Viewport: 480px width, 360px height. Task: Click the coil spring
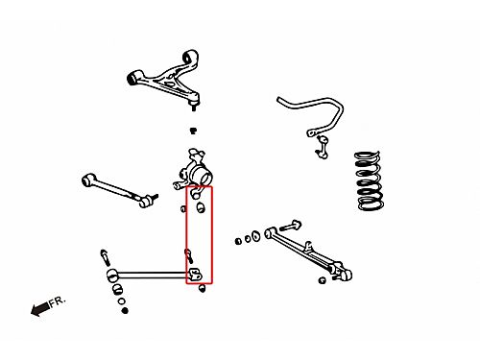click(x=369, y=180)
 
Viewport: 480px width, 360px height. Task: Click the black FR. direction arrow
click(x=40, y=309)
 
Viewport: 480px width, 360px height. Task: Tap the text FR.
click(x=58, y=301)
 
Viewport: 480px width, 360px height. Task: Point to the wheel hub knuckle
click(x=194, y=171)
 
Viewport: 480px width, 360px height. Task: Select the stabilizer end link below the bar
click(x=323, y=147)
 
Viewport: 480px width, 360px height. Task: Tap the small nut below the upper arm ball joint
click(x=193, y=131)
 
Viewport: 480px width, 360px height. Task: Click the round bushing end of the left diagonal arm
click(x=88, y=180)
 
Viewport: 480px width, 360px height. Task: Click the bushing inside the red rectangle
click(x=201, y=207)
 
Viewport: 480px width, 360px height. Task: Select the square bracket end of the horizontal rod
click(x=195, y=275)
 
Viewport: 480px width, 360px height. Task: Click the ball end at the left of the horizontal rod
click(x=111, y=276)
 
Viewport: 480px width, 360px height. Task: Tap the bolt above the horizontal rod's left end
click(x=105, y=257)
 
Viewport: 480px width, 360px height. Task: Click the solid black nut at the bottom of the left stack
click(x=125, y=310)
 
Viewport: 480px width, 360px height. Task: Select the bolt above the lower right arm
click(x=291, y=226)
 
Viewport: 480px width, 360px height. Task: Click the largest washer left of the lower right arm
click(x=255, y=236)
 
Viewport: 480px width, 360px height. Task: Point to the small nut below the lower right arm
click(x=323, y=280)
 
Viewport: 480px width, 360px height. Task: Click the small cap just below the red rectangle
click(x=202, y=288)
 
